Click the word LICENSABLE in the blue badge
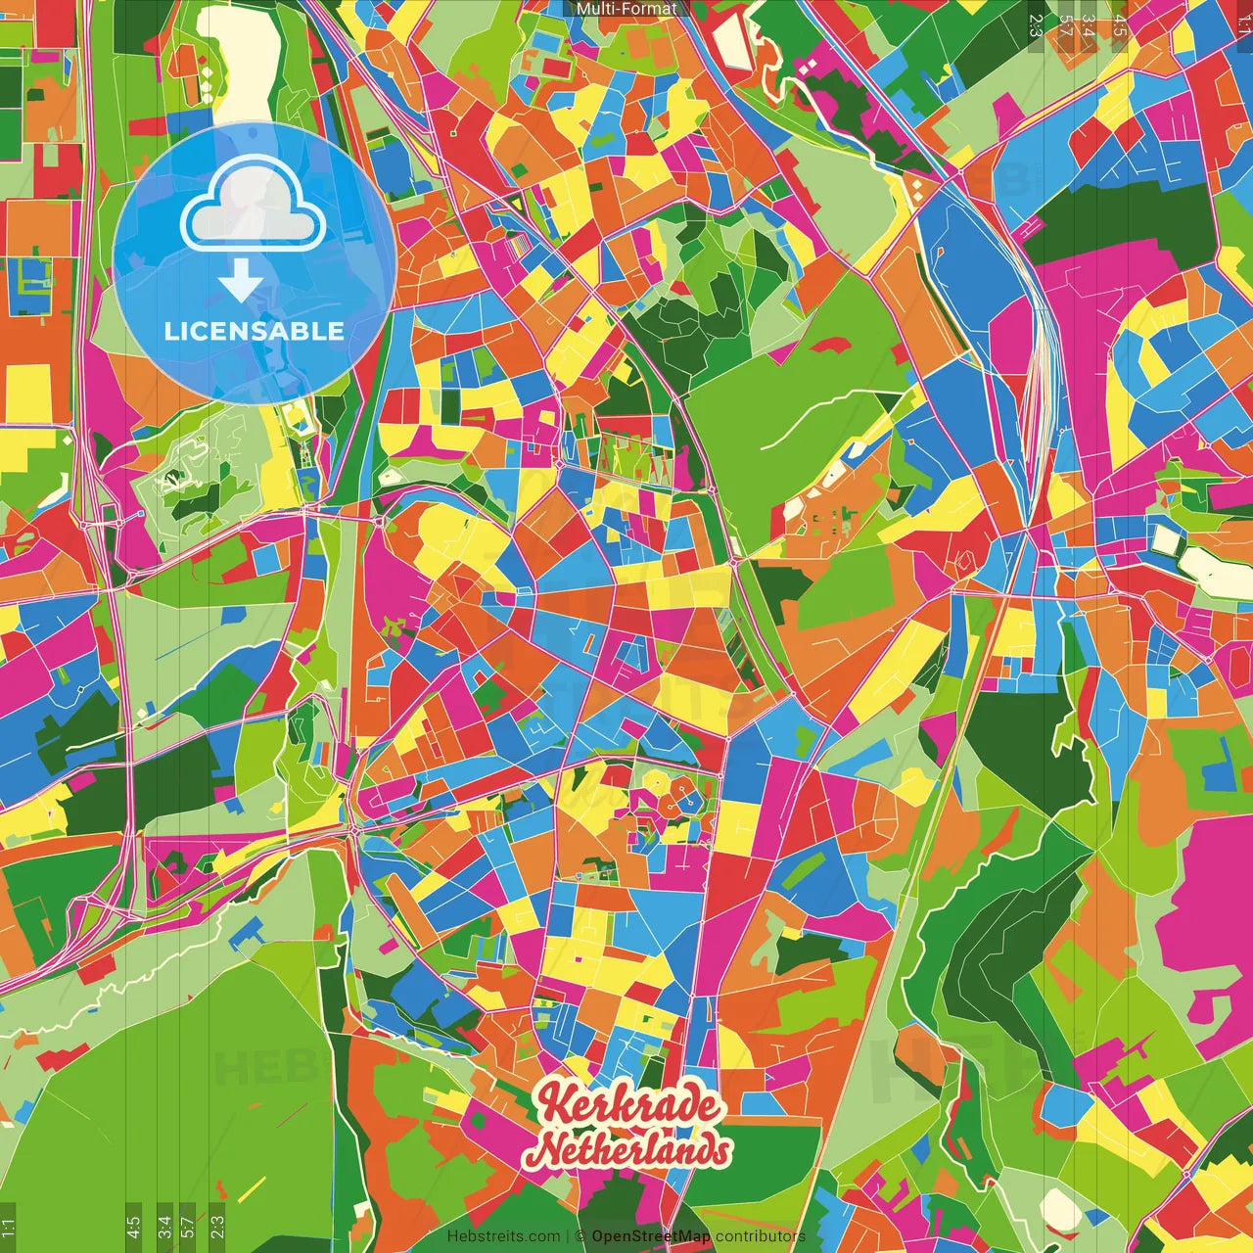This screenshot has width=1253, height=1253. pos(255,331)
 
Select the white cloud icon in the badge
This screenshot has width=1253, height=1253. pos(254,205)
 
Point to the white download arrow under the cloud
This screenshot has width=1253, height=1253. pos(241,282)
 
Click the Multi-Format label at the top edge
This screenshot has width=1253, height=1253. pos(626,9)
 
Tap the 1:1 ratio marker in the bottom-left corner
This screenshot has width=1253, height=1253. pos(9,1228)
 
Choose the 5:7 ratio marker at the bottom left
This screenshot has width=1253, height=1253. pos(188,1226)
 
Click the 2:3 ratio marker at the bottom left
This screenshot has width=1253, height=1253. pos(217,1226)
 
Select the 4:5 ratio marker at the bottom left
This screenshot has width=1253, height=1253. pos(133,1226)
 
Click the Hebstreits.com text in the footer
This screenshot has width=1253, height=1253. pos(503,1236)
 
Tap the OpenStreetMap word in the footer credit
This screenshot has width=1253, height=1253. pos(651,1236)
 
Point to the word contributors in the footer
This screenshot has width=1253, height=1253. pos(761,1236)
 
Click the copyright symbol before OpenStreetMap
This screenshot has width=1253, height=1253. pos(580,1236)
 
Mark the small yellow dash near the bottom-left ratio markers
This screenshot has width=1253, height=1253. pos(252,1189)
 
